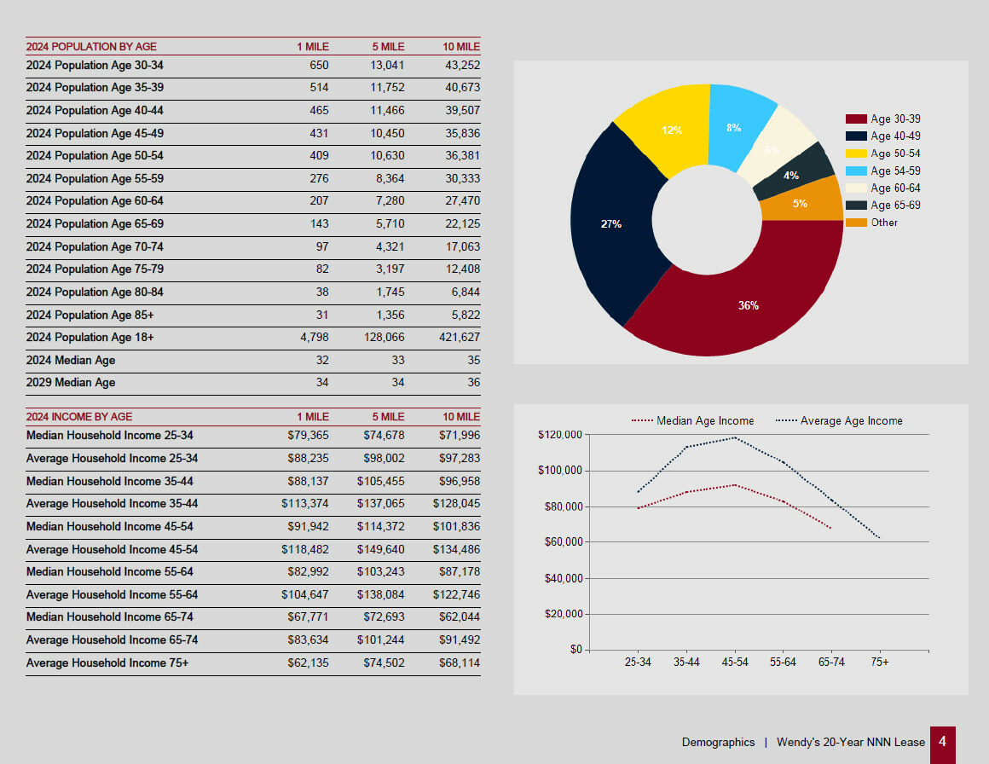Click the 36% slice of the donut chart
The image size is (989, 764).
tap(748, 305)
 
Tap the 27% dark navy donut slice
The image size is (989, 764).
tap(610, 224)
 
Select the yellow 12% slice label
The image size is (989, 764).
tap(672, 130)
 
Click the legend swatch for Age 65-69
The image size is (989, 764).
tap(856, 205)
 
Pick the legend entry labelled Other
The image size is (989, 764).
tap(883, 223)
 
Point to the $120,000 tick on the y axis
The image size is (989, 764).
tap(560, 435)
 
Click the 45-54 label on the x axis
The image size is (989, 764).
tap(735, 663)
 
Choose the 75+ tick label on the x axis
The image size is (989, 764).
tap(880, 663)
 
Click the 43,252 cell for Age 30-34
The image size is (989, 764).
tap(462, 66)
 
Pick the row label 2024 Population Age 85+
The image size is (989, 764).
tap(90, 315)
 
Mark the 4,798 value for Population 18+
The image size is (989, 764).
tap(315, 338)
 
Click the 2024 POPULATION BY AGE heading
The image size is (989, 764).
tap(91, 47)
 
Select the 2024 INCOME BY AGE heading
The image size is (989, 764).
tap(79, 417)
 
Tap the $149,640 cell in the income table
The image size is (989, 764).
tap(380, 549)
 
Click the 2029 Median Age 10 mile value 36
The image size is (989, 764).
tap(473, 383)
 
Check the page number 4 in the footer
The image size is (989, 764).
tap(942, 742)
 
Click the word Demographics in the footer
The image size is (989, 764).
tap(718, 743)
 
